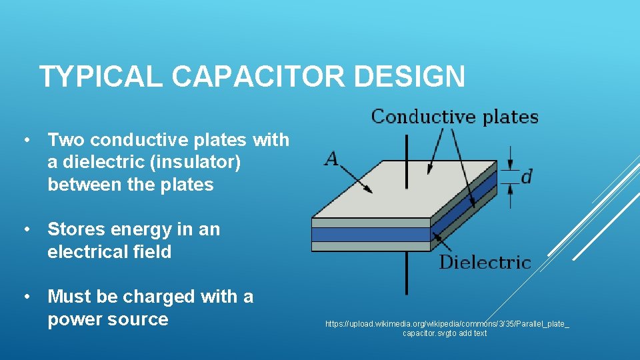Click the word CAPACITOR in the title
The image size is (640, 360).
(259, 77)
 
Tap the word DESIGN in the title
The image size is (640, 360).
(409, 77)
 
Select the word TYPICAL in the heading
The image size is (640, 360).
(101, 77)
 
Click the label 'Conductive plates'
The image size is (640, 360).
(455, 117)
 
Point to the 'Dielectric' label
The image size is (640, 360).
(485, 263)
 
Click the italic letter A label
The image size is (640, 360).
(331, 159)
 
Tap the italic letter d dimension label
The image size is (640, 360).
(526, 177)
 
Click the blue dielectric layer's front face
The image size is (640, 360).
(371, 235)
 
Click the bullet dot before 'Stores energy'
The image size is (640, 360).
(26, 229)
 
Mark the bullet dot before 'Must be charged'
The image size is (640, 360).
(26, 296)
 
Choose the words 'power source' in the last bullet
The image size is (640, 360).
(108, 319)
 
